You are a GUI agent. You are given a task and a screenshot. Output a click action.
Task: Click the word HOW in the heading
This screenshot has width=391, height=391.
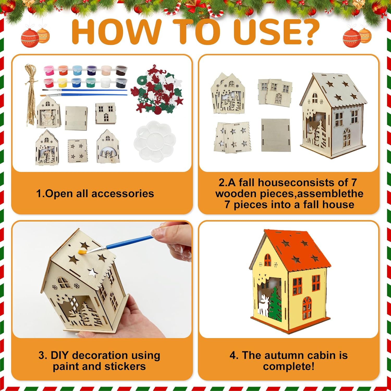pyautogui.click(x=116, y=32)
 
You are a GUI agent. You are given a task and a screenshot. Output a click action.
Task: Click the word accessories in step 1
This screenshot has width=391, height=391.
pyautogui.click(x=123, y=194)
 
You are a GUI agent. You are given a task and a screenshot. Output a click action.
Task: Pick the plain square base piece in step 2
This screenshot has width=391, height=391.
pyautogui.click(x=276, y=135)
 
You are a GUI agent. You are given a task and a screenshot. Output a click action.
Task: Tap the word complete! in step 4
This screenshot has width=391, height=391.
pyautogui.click(x=289, y=366)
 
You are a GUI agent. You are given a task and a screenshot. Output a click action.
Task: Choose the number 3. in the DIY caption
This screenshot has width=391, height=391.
pyautogui.click(x=43, y=355)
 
